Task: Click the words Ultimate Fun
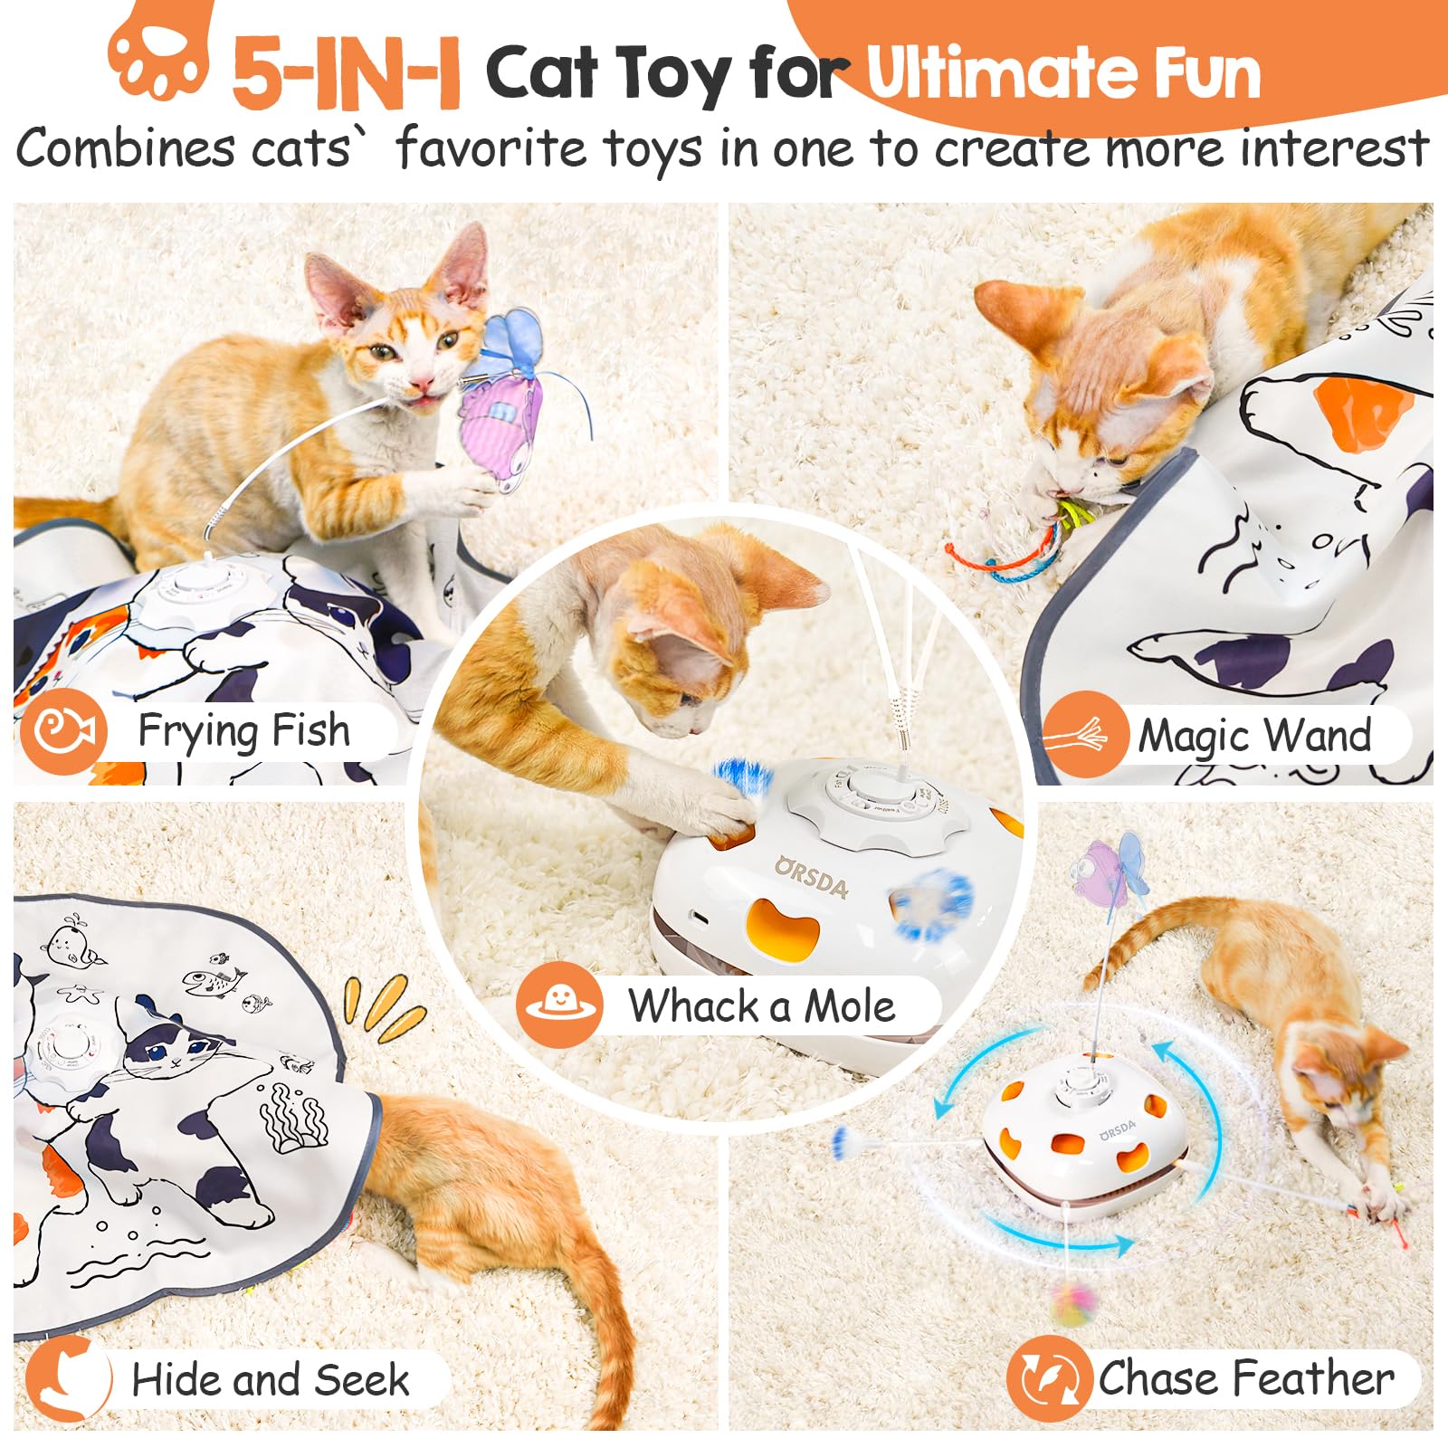[1063, 72]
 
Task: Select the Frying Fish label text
[243, 731]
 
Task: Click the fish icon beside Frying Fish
[63, 731]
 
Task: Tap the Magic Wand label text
[1254, 736]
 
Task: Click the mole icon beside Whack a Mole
[559, 1005]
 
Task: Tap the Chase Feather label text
[1246, 1379]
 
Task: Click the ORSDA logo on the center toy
[812, 877]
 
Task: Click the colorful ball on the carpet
[1073, 1303]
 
